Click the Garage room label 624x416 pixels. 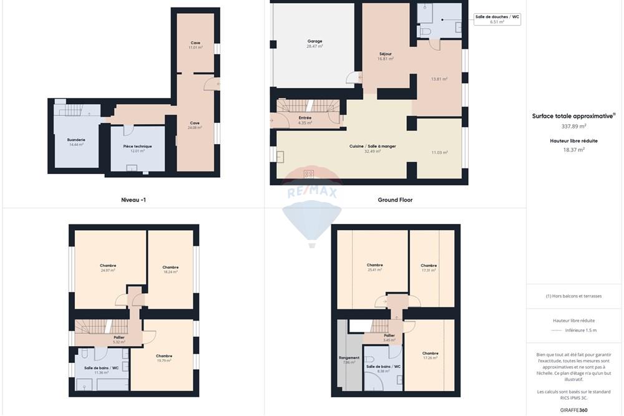[x=314, y=41]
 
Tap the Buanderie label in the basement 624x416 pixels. [x=76, y=140]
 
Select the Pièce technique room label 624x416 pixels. [x=137, y=146]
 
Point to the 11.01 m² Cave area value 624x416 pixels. [x=196, y=47]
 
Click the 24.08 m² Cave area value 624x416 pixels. [x=195, y=128]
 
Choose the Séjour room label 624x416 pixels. [x=386, y=54]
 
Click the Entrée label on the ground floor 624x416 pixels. [x=305, y=117]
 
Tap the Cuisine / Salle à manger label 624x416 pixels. [x=373, y=146]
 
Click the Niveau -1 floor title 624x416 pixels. [x=134, y=200]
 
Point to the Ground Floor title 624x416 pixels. [x=395, y=200]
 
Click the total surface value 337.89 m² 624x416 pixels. [x=573, y=125]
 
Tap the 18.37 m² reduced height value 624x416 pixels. [x=573, y=150]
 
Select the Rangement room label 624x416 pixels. [x=349, y=358]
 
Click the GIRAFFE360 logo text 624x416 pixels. [x=574, y=410]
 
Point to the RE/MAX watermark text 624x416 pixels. [x=311, y=193]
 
